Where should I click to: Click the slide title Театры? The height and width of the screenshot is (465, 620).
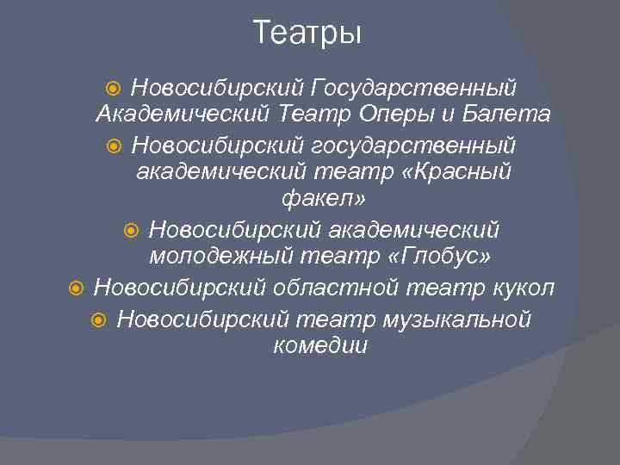pos(308,34)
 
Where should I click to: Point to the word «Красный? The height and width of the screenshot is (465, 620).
pos(456,172)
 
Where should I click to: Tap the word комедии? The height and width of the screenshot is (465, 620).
pos(319,346)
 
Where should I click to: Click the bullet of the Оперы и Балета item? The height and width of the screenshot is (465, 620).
pos(117,87)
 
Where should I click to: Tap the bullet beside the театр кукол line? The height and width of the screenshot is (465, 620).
pos(76,287)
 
